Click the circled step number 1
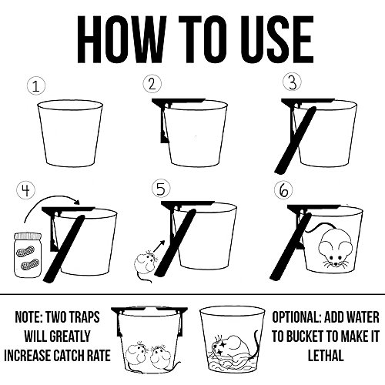(36, 86)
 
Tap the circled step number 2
(152, 84)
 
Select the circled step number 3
(292, 82)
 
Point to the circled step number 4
(26, 190)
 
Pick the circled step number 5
(161, 189)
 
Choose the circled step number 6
(283, 191)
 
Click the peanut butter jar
(28, 255)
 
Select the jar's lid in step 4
(28, 236)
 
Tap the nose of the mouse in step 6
(336, 264)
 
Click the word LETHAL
(326, 356)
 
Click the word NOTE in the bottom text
(28, 317)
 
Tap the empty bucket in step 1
(70, 133)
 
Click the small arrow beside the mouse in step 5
(159, 246)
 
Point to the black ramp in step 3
(295, 140)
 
